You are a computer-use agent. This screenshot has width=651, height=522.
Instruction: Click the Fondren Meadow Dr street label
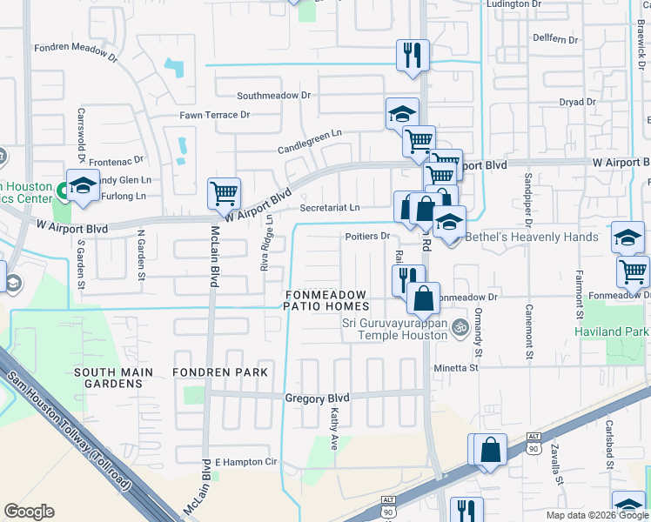tap(76, 52)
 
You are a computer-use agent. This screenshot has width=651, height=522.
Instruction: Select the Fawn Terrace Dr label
tap(215, 115)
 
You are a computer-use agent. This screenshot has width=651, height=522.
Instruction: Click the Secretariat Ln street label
tap(329, 208)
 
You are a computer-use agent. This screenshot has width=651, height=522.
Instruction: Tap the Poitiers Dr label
tap(365, 236)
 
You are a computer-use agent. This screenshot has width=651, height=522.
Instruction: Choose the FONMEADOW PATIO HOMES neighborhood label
tap(327, 301)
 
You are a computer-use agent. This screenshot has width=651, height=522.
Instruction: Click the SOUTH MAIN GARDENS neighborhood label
tap(113, 378)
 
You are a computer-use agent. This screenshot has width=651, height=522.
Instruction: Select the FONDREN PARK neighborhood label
tap(218, 372)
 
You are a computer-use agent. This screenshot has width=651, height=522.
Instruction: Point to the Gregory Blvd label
tap(317, 398)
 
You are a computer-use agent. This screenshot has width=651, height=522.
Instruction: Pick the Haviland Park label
tap(611, 331)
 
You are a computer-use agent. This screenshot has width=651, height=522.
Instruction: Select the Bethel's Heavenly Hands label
tap(533, 237)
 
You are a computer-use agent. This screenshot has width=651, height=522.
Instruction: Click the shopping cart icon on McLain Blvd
tap(224, 193)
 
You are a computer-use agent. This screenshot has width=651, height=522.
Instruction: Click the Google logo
tap(30, 512)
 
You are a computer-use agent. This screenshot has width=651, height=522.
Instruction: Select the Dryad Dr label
tap(577, 102)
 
